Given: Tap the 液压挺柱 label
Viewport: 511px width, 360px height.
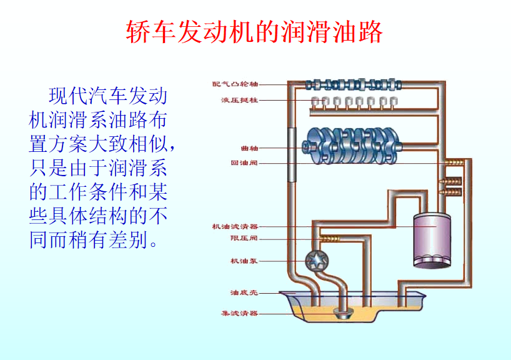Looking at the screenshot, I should pyautogui.click(x=239, y=100).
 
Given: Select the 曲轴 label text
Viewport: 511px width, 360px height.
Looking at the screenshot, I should pyautogui.click(x=249, y=148).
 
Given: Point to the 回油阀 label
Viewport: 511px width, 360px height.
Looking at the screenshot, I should pyautogui.click(x=244, y=164).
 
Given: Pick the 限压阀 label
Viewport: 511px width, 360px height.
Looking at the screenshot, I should pyautogui.click(x=244, y=238).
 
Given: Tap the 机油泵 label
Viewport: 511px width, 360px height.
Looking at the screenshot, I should pyautogui.click(x=244, y=261).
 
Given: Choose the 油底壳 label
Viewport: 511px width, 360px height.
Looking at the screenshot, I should pyautogui.click(x=244, y=292).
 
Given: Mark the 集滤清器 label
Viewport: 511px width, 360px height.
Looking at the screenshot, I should pyautogui.click(x=239, y=313).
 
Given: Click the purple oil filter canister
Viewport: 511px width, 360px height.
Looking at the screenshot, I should pyautogui.click(x=431, y=241).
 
